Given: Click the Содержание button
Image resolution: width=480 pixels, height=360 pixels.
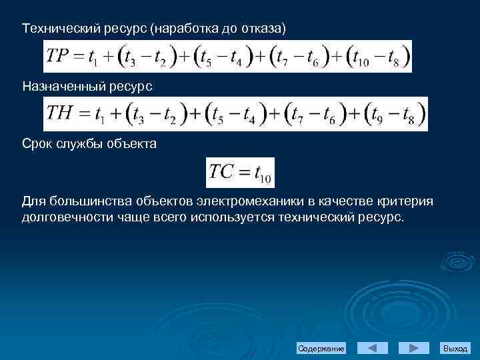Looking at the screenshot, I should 321,349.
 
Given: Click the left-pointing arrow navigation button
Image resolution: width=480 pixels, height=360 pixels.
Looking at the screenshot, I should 373,348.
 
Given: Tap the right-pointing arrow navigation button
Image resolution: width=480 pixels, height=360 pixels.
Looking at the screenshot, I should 413,348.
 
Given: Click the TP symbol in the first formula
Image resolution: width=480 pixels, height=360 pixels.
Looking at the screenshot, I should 58,56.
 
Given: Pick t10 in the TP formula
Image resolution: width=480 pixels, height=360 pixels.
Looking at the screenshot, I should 359,58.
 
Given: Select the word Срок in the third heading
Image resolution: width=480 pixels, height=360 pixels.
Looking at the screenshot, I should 37,143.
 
